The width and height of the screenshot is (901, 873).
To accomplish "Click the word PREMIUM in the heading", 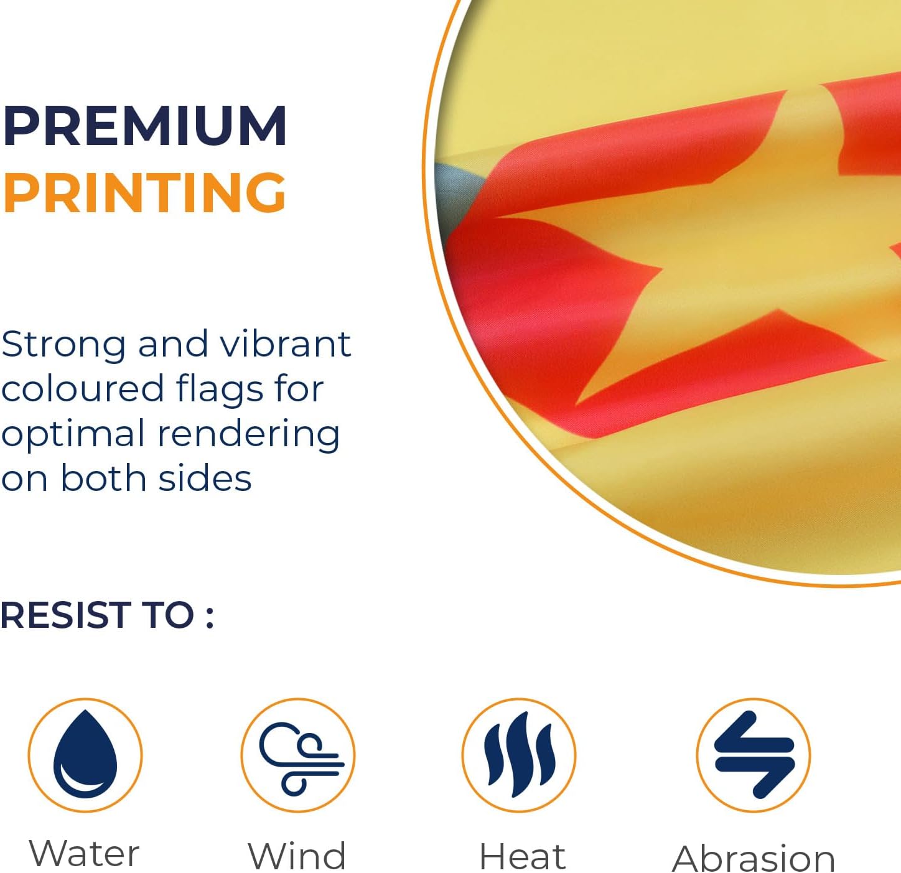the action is click(144, 126).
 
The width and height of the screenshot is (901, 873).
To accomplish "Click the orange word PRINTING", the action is click(144, 192).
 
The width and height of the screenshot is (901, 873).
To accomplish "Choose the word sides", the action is click(205, 477).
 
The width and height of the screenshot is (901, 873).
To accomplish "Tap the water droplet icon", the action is click(85, 755).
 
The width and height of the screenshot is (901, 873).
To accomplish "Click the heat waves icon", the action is click(519, 755).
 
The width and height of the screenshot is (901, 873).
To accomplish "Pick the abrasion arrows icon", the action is click(754, 755).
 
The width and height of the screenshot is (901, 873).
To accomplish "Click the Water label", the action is click(84, 853).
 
